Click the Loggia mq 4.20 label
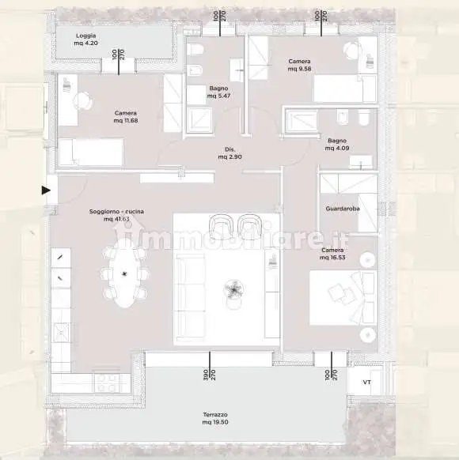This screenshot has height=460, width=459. (86, 40)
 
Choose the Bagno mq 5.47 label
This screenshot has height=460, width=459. (218, 92)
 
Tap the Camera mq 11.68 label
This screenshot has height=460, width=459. (126, 116)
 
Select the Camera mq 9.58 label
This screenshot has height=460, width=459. (299, 65)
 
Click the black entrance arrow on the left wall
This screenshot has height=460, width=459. (46, 190)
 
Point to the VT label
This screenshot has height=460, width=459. (366, 383)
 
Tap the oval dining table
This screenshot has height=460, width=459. (124, 274)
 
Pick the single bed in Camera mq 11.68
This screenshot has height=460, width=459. (91, 151)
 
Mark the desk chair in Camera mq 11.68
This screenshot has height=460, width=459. (82, 100)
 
